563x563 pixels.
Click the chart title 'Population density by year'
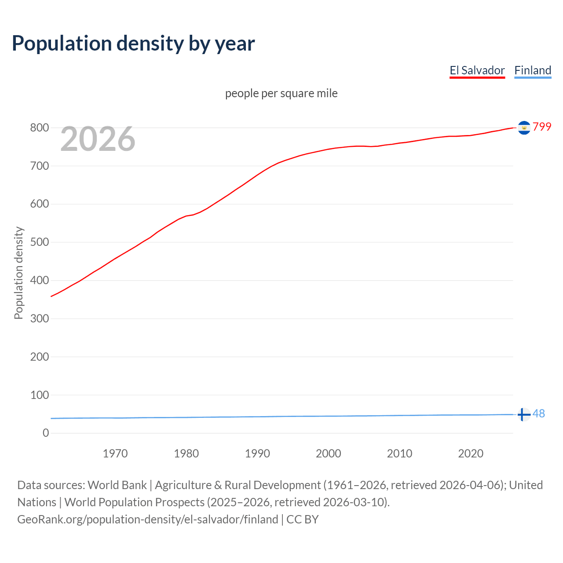tap(133, 44)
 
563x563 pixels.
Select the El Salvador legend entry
tap(477, 71)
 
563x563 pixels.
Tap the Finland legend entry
tap(533, 71)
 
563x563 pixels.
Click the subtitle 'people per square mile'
tap(281, 94)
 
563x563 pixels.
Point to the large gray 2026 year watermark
tap(98, 139)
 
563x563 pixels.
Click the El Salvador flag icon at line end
tap(524, 128)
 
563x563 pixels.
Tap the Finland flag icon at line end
tap(523, 414)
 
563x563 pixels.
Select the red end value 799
tap(542, 127)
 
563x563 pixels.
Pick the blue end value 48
tap(539, 414)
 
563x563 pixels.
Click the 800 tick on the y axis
tap(39, 128)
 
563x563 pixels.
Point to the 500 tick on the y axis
tap(39, 242)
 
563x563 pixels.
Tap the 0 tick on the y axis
tap(46, 433)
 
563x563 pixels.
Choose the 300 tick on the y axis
tap(39, 318)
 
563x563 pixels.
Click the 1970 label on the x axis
tap(115, 453)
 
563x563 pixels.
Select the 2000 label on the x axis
tap(328, 453)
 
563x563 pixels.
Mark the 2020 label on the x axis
tap(471, 453)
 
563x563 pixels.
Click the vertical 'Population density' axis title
tap(18, 273)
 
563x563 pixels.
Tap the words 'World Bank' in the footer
tap(117, 485)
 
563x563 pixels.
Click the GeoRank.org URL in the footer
tap(147, 519)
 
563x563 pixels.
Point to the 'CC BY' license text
tap(303, 519)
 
